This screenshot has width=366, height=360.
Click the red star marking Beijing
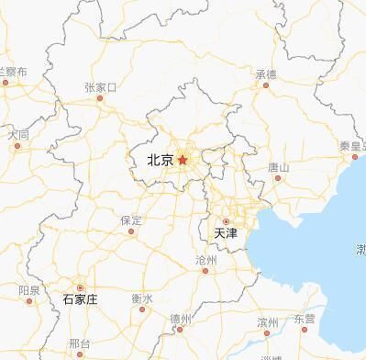(x=183, y=160)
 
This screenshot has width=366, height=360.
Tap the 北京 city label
(x=160, y=161)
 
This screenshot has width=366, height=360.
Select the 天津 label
(x=226, y=234)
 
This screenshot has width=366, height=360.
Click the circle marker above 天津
(x=227, y=221)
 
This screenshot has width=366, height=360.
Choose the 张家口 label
(x=100, y=88)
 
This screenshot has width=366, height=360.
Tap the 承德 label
(x=266, y=73)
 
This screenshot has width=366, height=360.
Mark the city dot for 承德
(x=266, y=85)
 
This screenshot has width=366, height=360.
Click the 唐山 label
(x=278, y=167)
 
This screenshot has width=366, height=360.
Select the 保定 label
(x=131, y=220)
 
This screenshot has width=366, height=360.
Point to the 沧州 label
(x=206, y=261)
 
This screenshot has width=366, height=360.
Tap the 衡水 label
(x=141, y=298)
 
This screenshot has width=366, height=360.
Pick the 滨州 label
(x=267, y=321)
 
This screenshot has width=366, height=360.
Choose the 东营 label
(x=304, y=318)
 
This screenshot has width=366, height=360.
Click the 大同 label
(x=18, y=134)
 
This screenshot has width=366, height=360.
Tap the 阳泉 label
(x=28, y=290)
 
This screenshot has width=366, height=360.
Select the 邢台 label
(x=79, y=343)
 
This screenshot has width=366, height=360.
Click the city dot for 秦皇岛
(x=355, y=157)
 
